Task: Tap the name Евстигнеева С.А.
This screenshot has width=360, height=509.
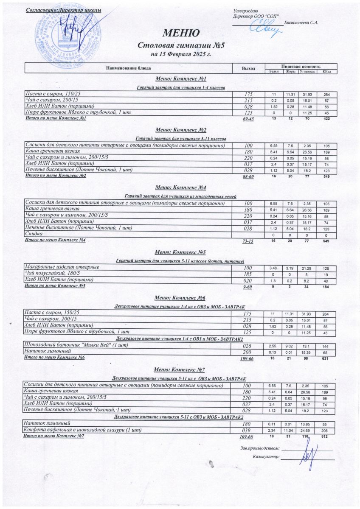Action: [301, 22]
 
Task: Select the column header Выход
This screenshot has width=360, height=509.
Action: [248, 68]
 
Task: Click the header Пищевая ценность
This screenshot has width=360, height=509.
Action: [301, 66]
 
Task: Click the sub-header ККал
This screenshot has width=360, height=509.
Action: [327, 71]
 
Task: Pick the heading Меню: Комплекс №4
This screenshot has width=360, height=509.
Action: [181, 187]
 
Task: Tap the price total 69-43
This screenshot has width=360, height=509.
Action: [248, 119]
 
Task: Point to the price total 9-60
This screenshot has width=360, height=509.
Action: [247, 287]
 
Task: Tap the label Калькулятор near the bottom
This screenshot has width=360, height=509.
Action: [266, 457]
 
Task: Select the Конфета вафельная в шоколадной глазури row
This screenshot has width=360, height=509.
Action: [80, 430]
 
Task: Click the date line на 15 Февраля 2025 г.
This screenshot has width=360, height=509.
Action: [181, 54]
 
